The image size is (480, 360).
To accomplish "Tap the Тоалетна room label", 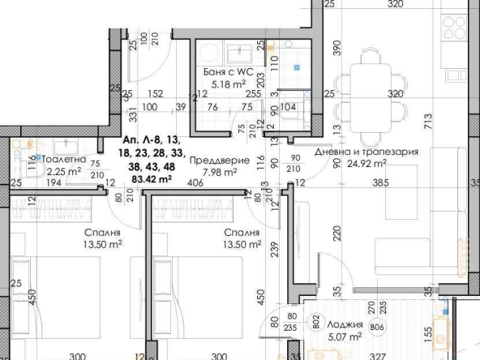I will pos(63,161).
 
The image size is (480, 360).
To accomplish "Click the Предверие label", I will pos(213,161).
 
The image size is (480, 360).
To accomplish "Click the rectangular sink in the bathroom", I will pos(239,54).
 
